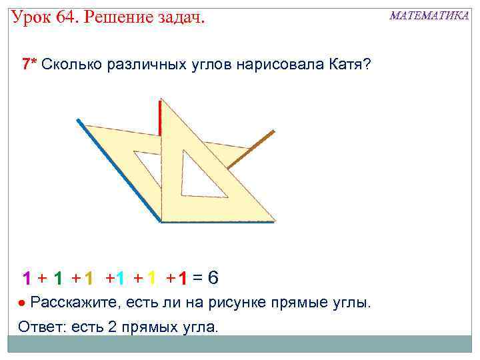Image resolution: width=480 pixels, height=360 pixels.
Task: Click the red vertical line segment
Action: tap(161, 118)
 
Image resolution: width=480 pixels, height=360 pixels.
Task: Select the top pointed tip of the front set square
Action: tap(164, 99)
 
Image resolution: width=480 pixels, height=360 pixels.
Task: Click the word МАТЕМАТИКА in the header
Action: tap(429, 15)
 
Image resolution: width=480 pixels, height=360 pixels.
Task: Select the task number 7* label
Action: tap(30, 64)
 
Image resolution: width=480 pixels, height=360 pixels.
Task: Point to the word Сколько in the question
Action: tap(72, 64)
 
